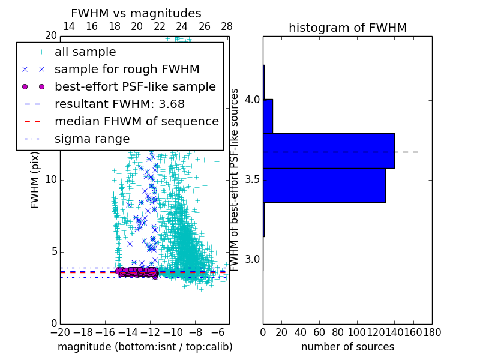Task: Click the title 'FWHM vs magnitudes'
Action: tap(136, 13)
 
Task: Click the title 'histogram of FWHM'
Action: tap(347, 28)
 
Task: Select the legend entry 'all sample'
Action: tap(85, 52)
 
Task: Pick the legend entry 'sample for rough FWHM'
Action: tap(127, 70)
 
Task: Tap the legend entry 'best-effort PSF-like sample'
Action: tap(135, 87)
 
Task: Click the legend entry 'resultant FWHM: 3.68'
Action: tap(119, 104)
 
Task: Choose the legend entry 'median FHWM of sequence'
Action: tap(136, 121)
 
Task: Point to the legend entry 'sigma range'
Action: tap(92, 139)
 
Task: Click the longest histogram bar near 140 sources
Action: tap(328, 151)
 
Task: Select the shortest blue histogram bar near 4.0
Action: tap(268, 116)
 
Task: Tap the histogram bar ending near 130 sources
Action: tap(324, 185)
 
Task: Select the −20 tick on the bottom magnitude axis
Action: tap(60, 331)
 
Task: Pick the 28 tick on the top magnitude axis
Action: tap(227, 26)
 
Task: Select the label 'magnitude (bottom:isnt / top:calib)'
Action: tap(145, 347)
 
